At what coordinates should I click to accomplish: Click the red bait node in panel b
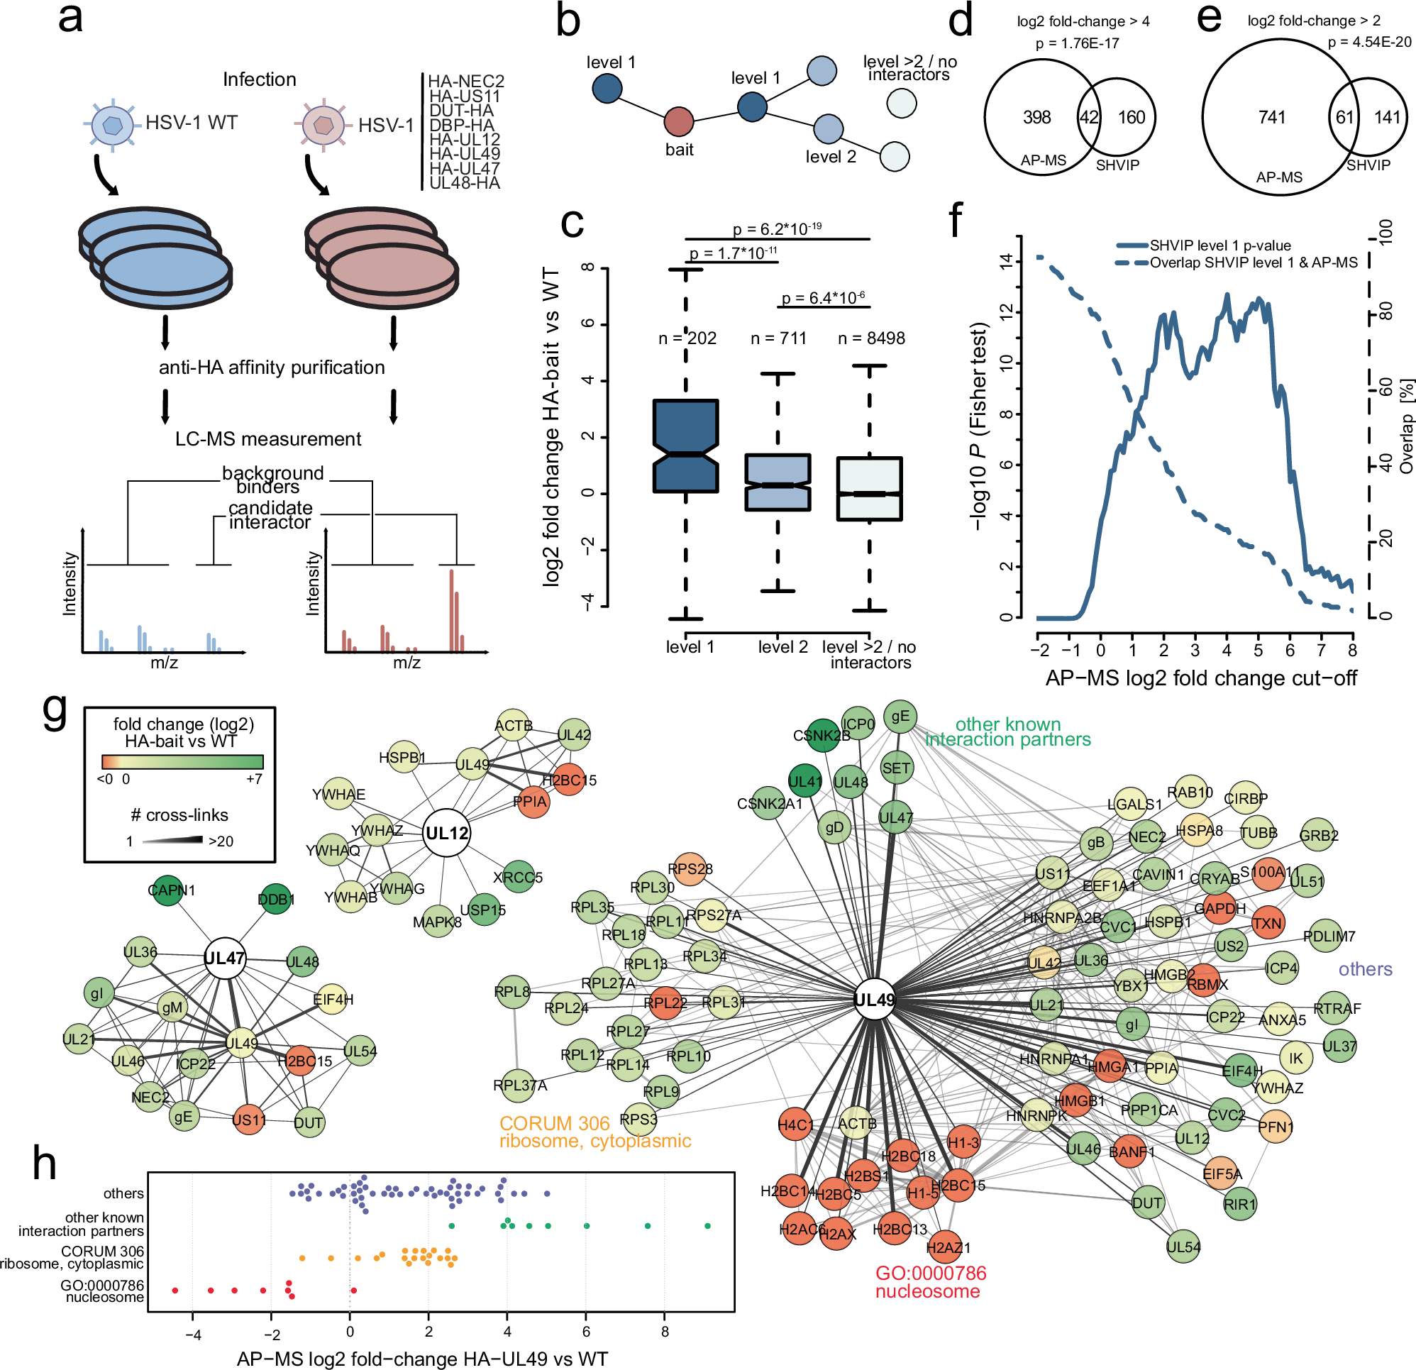pos(678,122)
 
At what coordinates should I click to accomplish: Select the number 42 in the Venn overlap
pos(1089,117)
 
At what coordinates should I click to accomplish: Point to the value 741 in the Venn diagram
pos(1271,117)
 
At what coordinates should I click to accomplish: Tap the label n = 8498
pos(871,338)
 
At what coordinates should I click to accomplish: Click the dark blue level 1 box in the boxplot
pos(685,446)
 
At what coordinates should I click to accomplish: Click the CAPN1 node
pos(168,890)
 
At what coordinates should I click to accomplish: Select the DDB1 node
pos(275,899)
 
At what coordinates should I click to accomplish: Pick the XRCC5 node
pos(518,876)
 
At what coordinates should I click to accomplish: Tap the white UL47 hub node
pos(225,958)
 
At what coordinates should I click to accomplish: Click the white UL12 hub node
pos(447,832)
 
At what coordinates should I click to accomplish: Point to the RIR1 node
pos(1241,1204)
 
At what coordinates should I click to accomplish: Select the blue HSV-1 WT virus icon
pos(112,125)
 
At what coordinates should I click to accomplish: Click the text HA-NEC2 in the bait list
pos(466,81)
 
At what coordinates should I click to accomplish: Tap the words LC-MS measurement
pos(268,439)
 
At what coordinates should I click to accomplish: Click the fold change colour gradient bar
pos(183,761)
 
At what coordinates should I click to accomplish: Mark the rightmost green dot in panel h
pos(707,1226)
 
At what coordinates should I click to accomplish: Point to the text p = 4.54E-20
pos(1369,42)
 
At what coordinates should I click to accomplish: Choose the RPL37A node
pos(518,1085)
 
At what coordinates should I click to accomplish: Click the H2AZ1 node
pos(945,1247)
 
